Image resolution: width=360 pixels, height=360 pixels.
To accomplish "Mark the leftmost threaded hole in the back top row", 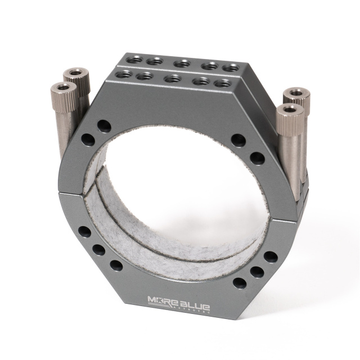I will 134,58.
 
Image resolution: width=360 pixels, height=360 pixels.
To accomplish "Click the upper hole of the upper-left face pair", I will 103,125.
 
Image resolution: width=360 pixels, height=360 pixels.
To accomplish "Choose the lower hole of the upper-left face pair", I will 88,139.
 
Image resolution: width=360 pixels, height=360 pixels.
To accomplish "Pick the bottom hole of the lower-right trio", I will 239,283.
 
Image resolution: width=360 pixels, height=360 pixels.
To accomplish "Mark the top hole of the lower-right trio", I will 271,257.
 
